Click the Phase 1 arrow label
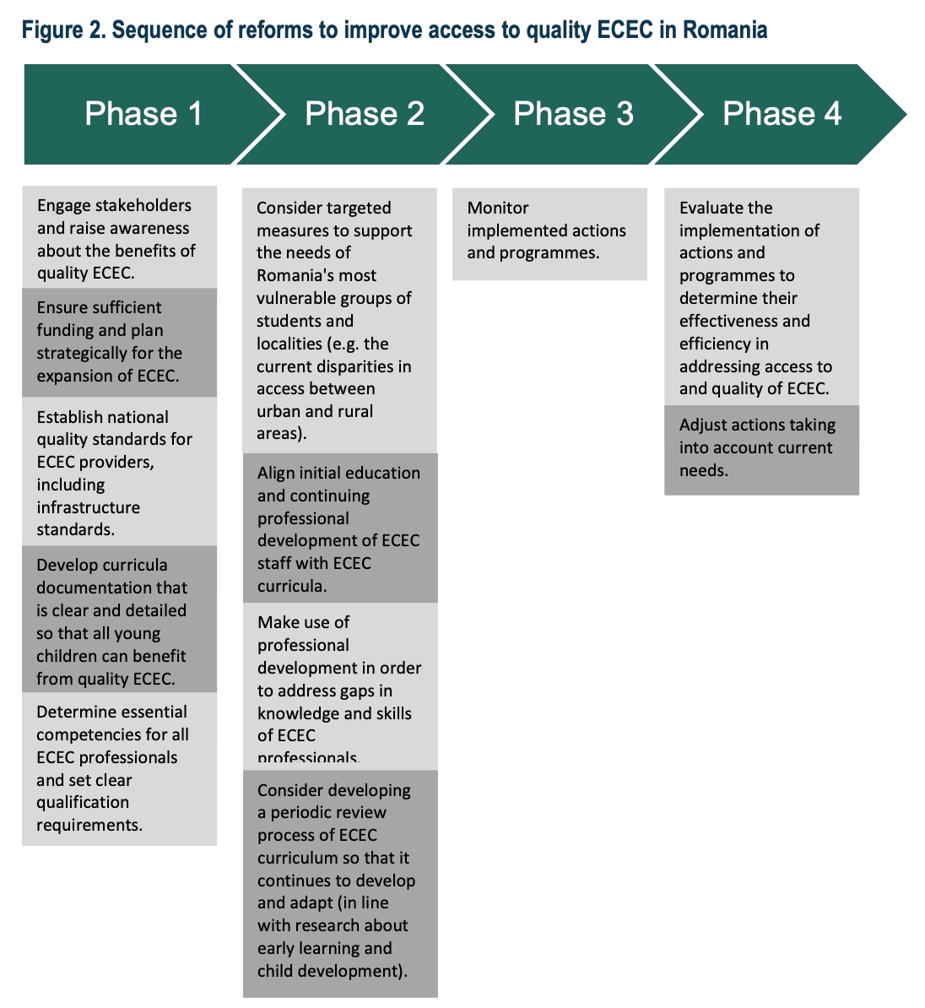click(x=143, y=114)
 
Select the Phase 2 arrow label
click(x=365, y=114)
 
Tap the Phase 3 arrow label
click(x=573, y=114)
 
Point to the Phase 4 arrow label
click(x=782, y=114)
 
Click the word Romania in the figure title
click(x=725, y=30)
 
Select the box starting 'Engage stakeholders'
click(x=120, y=237)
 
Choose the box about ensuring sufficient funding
click(x=120, y=342)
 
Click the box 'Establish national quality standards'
click(x=120, y=471)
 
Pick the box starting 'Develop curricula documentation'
click(x=120, y=619)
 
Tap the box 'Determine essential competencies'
click(x=120, y=769)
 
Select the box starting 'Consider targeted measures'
click(x=339, y=321)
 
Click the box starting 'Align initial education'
click(x=340, y=528)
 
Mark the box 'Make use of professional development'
click(x=340, y=686)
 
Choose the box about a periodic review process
click(x=340, y=884)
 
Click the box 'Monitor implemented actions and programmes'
click(x=549, y=234)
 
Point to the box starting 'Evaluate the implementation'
click(x=762, y=297)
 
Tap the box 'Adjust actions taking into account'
click(x=762, y=450)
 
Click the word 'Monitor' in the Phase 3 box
click(x=498, y=208)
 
